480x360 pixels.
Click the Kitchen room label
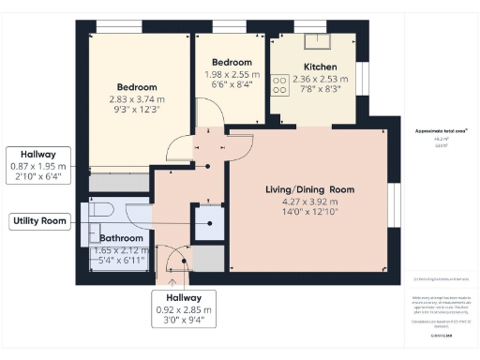click(x=319, y=67)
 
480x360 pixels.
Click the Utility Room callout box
click(x=39, y=221)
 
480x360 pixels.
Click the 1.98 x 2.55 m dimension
click(x=231, y=75)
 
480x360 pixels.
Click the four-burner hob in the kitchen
click(x=278, y=86)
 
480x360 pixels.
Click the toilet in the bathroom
click(x=101, y=211)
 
